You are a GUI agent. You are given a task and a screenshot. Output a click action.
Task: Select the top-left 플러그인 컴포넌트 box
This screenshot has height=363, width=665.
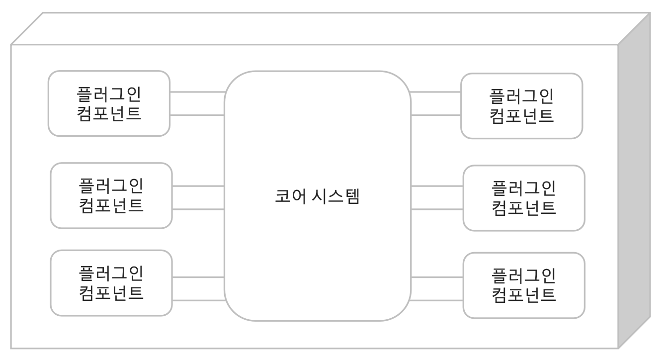(109, 103)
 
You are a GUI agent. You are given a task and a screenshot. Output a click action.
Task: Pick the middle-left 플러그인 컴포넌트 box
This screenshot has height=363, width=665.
(111, 195)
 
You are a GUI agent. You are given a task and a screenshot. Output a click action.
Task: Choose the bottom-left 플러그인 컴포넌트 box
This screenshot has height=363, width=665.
(111, 283)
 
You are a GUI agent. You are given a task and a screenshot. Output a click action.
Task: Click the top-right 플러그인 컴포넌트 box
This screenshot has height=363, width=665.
(521, 106)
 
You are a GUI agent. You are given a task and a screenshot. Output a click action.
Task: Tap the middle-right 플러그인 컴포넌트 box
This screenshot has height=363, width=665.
(524, 198)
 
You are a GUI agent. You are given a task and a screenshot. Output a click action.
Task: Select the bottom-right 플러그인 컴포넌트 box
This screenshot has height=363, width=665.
(524, 285)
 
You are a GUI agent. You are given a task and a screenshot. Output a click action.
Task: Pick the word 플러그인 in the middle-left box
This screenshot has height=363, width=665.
(111, 186)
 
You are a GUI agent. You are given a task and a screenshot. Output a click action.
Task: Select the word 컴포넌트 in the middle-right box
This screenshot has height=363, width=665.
(524, 207)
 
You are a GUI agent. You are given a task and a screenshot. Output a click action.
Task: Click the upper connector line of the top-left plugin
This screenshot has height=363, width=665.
(197, 92)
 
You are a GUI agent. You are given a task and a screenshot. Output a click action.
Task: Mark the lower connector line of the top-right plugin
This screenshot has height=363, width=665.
(436, 115)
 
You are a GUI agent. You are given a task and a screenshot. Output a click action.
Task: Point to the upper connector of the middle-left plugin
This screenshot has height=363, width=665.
(198, 186)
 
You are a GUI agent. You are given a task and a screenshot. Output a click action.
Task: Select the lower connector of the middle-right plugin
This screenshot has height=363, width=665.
(437, 209)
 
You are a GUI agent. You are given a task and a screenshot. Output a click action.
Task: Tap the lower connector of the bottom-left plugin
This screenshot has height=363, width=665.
(198, 300)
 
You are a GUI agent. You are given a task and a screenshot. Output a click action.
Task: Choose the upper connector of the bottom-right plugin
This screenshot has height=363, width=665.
(437, 276)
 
